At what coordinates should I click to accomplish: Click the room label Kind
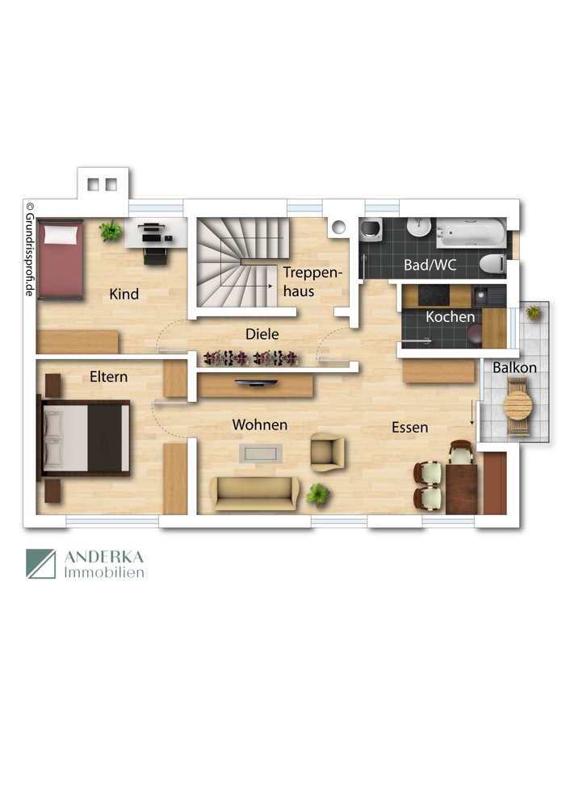click(124, 295)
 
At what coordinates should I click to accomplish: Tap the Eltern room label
click(108, 377)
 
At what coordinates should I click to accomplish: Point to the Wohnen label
click(260, 424)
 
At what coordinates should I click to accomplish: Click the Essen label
click(410, 428)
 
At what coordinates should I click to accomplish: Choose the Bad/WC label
click(430, 265)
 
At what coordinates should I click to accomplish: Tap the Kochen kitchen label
click(451, 317)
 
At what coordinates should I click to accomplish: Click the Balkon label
click(515, 367)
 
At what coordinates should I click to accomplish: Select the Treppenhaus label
click(312, 281)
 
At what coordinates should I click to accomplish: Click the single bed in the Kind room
click(60, 257)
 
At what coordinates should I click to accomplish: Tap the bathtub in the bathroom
click(472, 233)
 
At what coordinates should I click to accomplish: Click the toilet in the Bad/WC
click(492, 263)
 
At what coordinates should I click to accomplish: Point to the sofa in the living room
click(254, 493)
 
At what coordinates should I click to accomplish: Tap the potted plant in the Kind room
click(111, 232)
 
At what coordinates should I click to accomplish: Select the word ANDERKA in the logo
click(103, 558)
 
